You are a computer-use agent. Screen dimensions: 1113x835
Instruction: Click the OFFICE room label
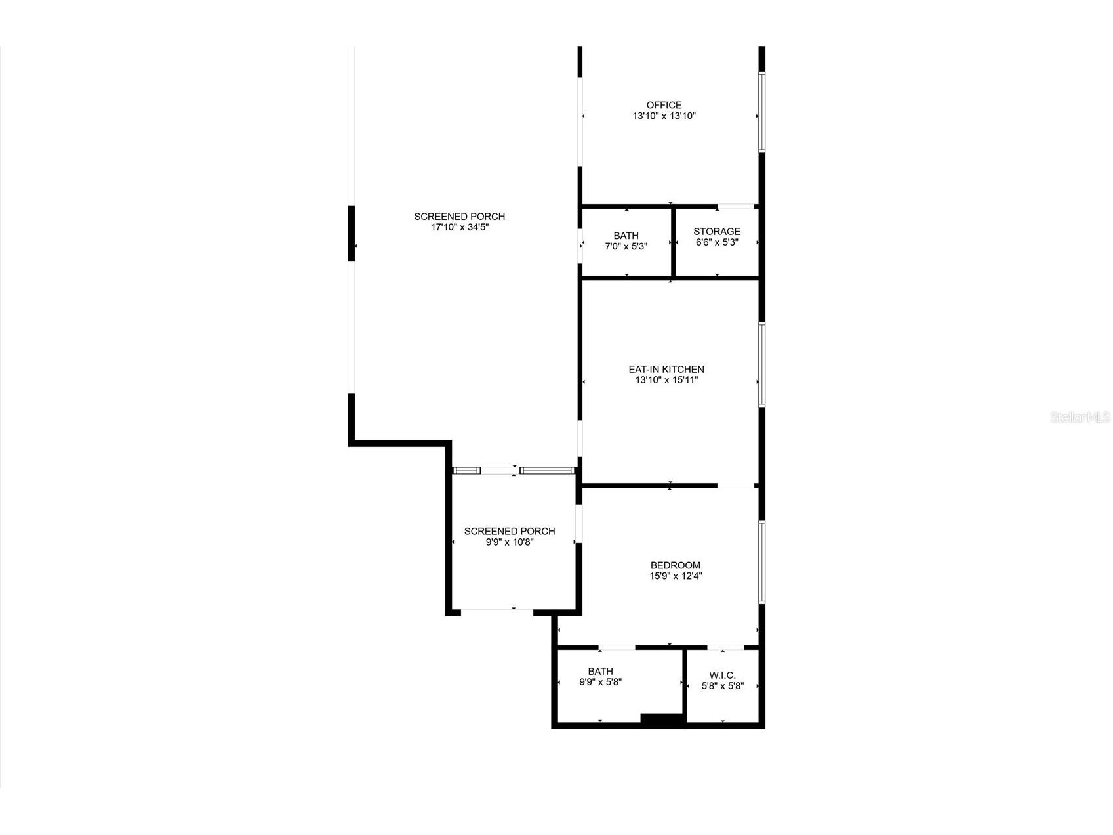pos(664,105)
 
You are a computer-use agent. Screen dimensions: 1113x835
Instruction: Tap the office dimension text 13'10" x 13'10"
pos(664,116)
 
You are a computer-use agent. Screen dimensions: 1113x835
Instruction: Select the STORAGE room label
pos(717,231)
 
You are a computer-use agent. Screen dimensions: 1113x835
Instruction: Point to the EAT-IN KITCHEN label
pos(666,370)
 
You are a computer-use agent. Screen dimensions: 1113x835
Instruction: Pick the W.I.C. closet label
pos(722,675)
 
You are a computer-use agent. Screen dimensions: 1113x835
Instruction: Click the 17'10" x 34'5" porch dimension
pos(460,228)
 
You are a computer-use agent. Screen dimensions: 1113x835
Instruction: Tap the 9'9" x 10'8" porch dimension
pos(510,542)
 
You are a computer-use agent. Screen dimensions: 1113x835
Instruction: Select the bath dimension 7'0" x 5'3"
pos(626,247)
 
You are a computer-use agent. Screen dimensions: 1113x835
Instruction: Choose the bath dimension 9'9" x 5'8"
pos(600,682)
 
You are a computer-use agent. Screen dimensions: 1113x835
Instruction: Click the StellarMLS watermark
pos(1080,417)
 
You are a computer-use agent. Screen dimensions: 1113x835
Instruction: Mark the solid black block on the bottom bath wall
pos(662,719)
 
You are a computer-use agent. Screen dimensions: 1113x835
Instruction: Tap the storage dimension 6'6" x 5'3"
pos(717,242)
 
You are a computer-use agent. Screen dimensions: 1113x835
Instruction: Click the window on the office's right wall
pos(761,112)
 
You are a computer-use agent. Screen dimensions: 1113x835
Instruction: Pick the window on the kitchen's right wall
pos(761,364)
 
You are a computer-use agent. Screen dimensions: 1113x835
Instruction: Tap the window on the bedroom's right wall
pos(761,562)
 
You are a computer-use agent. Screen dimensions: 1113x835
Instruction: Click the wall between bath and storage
pos(673,242)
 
